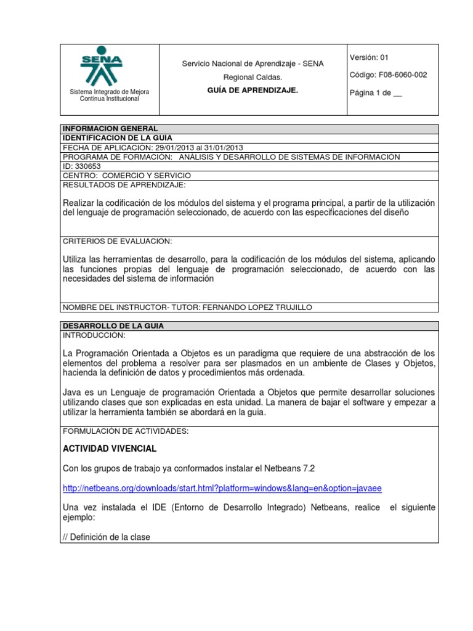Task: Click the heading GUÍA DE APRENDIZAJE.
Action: (x=253, y=91)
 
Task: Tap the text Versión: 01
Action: (x=370, y=58)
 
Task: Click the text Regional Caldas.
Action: (x=253, y=77)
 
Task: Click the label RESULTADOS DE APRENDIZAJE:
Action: (x=124, y=185)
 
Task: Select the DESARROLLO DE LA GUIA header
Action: (x=113, y=325)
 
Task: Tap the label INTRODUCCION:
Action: (x=94, y=335)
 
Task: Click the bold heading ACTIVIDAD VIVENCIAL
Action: (x=110, y=448)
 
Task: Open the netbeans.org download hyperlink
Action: (x=222, y=488)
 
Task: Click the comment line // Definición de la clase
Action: (x=107, y=537)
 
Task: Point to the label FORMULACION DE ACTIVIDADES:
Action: (x=126, y=431)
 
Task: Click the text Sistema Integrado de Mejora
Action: (x=109, y=92)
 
